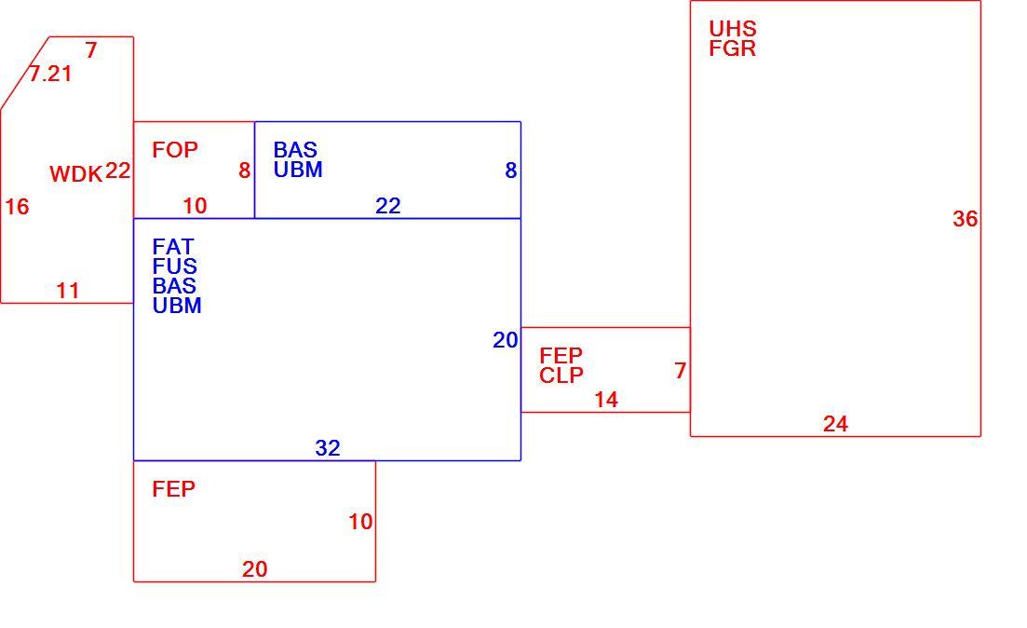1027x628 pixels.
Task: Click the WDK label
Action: click(x=76, y=174)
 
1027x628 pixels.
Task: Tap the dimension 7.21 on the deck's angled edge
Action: click(x=50, y=74)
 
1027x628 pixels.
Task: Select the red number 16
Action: click(x=17, y=207)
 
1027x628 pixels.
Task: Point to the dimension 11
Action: click(x=68, y=291)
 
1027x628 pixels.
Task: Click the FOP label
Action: click(x=175, y=150)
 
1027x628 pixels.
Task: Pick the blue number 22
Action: click(x=387, y=207)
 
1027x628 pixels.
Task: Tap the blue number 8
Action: click(x=511, y=171)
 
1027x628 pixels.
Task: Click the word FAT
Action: click(x=173, y=247)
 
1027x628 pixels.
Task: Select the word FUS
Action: click(x=174, y=266)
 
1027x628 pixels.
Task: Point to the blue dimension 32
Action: click(x=328, y=448)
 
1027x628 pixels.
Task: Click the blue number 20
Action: click(x=506, y=340)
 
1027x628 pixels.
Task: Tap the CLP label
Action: click(x=561, y=375)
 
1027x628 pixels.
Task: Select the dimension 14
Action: click(x=606, y=400)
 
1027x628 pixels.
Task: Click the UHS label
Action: click(x=733, y=29)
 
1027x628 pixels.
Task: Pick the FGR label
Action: click(x=732, y=48)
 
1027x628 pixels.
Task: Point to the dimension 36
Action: click(x=965, y=219)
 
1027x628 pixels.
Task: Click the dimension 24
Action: click(x=835, y=424)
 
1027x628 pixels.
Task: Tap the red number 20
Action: click(x=255, y=569)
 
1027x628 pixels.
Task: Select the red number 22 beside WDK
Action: click(x=118, y=171)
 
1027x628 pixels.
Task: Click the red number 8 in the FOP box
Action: click(x=244, y=171)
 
